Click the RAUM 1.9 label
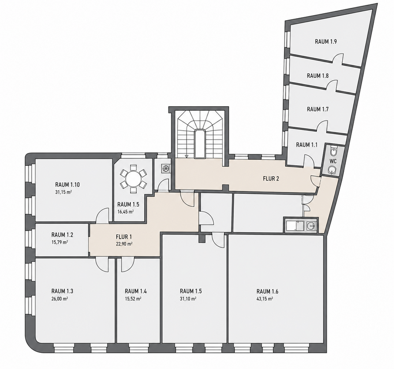pyautogui.click(x=326, y=42)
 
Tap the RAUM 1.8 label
pyautogui.click(x=318, y=76)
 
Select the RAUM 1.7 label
pyautogui.click(x=318, y=109)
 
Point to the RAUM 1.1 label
pyautogui.click(x=306, y=145)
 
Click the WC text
pyautogui.click(x=334, y=161)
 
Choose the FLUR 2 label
pyautogui.click(x=271, y=179)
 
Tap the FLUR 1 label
pyautogui.click(x=124, y=237)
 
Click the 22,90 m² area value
pyautogui.click(x=124, y=244)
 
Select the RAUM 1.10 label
pyautogui.click(x=67, y=185)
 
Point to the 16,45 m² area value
pyautogui.click(x=126, y=212)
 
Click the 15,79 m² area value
pyautogui.click(x=60, y=242)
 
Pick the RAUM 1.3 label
pyautogui.click(x=63, y=291)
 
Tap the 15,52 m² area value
pyautogui.click(x=133, y=299)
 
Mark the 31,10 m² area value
pyautogui.click(x=188, y=299)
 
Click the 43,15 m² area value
pyautogui.click(x=265, y=299)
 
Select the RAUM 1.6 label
pyautogui.click(x=267, y=291)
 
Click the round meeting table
pyautogui.click(x=133, y=179)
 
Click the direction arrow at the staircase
pyautogui.click(x=186, y=156)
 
